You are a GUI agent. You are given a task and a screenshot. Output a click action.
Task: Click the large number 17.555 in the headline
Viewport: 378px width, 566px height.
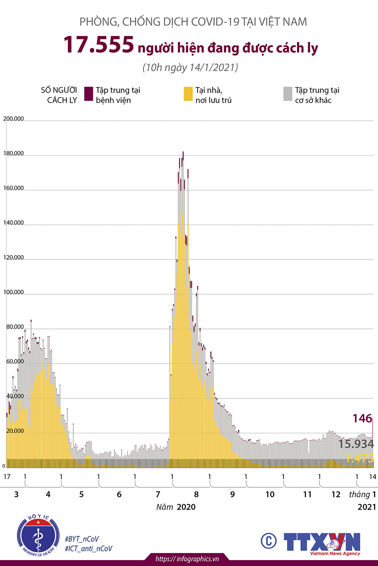coord(99,45)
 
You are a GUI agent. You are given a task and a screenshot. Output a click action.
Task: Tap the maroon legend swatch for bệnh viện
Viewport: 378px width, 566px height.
coord(89,94)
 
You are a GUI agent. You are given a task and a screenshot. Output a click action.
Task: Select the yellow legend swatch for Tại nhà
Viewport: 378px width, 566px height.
coord(188,94)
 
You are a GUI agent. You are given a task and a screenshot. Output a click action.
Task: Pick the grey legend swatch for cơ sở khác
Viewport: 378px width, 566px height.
coord(288,94)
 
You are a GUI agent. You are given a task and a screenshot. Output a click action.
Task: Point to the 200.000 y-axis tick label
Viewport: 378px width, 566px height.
coord(13,119)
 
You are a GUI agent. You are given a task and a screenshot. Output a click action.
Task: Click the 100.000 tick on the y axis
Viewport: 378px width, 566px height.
coord(13,292)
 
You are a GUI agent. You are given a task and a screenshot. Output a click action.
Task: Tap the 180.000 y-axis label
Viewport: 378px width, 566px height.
coord(13,153)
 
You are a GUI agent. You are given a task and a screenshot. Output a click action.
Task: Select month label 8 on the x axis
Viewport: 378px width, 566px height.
coord(196,494)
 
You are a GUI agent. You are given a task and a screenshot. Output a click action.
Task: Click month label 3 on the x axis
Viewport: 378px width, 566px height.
coord(16,494)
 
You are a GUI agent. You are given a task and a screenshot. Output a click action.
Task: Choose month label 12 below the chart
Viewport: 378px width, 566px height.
coord(336,494)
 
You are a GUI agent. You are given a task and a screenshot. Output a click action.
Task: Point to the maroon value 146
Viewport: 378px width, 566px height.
coord(362,418)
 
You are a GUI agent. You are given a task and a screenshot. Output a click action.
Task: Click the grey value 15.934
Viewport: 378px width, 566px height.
coord(356,444)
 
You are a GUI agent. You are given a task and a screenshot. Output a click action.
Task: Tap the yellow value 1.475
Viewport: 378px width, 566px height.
coord(359,458)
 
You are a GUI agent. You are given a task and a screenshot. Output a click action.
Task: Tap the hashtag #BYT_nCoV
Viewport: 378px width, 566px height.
coord(82,539)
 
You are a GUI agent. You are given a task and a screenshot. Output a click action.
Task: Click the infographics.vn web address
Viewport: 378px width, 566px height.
coord(187,559)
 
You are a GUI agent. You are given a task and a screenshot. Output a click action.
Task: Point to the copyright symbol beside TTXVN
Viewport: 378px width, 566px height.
coord(268,541)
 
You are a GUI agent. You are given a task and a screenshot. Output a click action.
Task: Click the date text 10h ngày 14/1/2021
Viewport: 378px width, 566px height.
coord(190,68)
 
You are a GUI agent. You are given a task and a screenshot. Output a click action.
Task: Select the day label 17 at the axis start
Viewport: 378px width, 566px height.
coord(7,477)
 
